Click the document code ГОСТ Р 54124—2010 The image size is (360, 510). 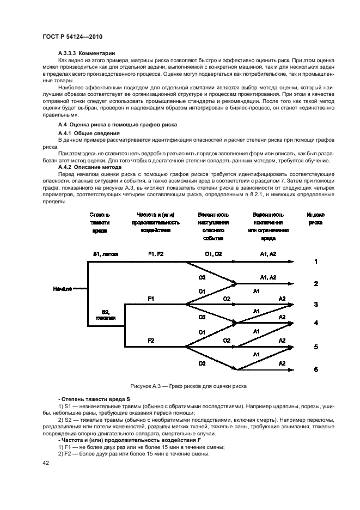pyautogui.click(x=72, y=36)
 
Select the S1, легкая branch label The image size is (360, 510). pyautogui.click(x=106, y=254)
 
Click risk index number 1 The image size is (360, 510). pyautogui.click(x=316, y=262)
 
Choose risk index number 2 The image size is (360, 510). pyautogui.click(x=316, y=284)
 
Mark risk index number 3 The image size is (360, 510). pyautogui.click(x=316, y=304)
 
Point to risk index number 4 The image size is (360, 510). pyautogui.click(x=316, y=323)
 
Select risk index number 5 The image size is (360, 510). pyautogui.click(x=316, y=347)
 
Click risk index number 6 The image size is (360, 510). pyautogui.click(x=316, y=369)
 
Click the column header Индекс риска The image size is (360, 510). pyautogui.click(x=315, y=218)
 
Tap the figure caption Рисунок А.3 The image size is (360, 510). pyautogui.click(x=188, y=386)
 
